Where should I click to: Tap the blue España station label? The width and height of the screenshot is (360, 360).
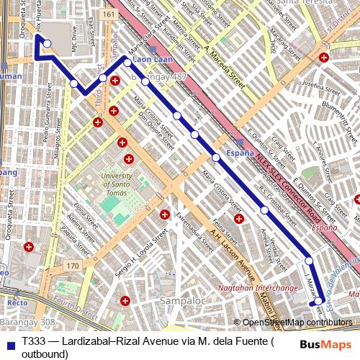[x=240, y=153]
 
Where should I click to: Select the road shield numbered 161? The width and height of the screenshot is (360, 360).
[x=108, y=14]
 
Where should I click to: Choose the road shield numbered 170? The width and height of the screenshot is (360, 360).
[x=72, y=266]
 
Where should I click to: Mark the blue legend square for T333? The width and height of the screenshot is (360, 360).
[x=8, y=341]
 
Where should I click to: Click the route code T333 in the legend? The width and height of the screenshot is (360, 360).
[x=34, y=341]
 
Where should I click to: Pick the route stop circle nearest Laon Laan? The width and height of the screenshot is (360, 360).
[x=127, y=63]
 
